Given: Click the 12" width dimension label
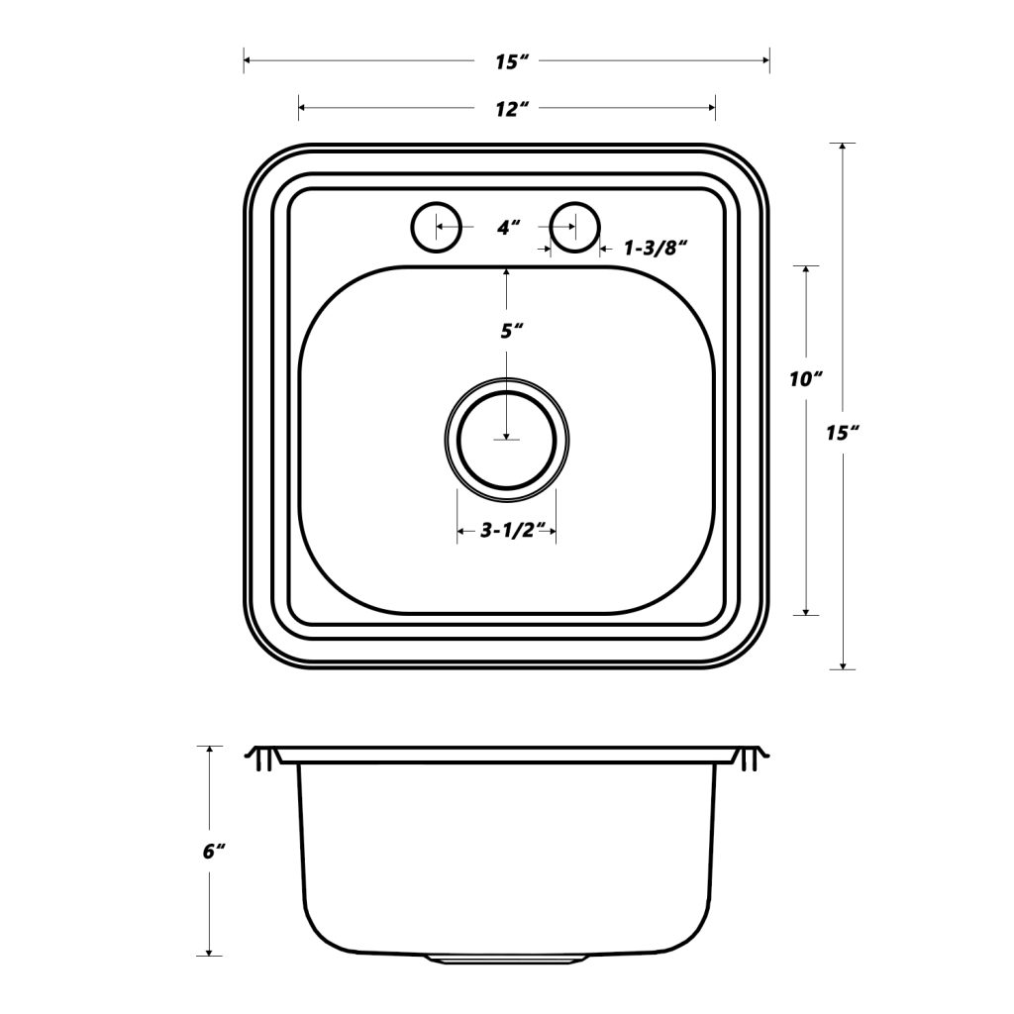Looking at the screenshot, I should (507, 109).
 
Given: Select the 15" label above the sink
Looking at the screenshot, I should (507, 62).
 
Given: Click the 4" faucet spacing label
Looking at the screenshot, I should (508, 228).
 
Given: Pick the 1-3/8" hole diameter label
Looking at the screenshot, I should (655, 249).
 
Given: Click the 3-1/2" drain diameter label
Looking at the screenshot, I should (506, 531).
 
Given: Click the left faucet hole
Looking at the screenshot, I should (436, 227).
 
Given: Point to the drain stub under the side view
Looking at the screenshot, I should (507, 959).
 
